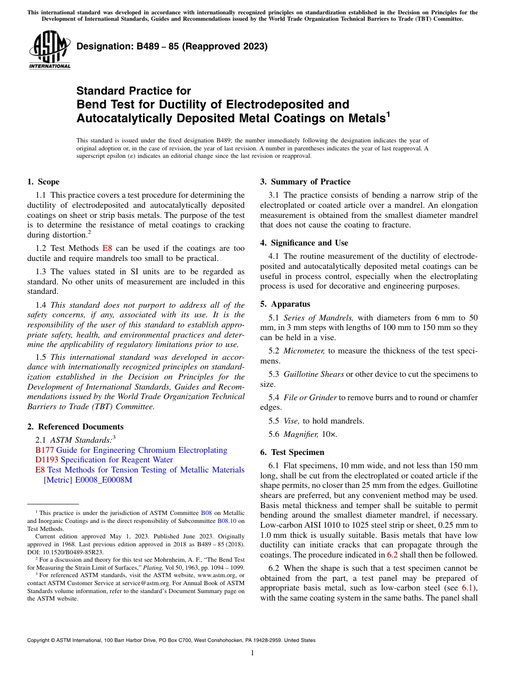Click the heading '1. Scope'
click(x=44, y=182)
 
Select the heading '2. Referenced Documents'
click(x=75, y=427)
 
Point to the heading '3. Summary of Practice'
click(x=305, y=182)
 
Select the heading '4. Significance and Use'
click(x=304, y=243)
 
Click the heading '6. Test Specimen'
click(x=292, y=452)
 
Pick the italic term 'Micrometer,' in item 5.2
click(x=304, y=351)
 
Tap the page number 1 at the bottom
click(x=252, y=653)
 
